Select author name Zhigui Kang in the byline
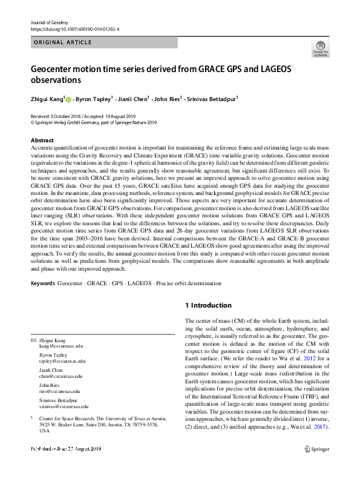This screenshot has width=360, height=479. (47, 99)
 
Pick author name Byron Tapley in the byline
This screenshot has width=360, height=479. (94, 99)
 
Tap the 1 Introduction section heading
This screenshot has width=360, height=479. (208, 305)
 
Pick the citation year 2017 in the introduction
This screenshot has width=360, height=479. (320, 427)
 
